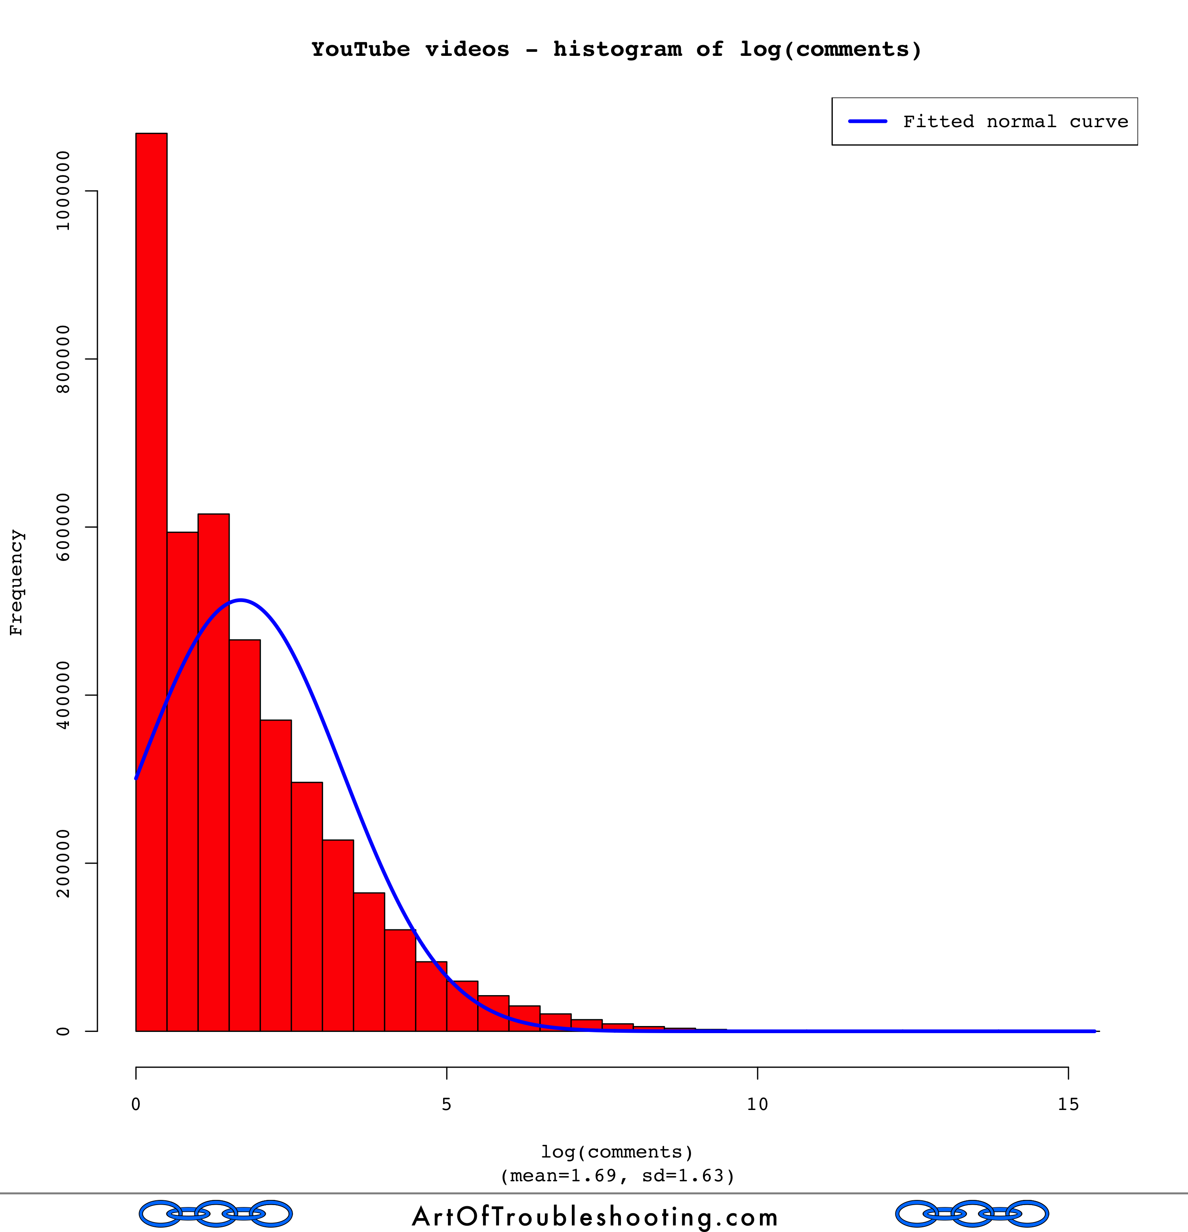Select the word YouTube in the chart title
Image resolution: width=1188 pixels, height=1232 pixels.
point(361,50)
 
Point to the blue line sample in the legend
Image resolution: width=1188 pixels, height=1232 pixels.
point(868,121)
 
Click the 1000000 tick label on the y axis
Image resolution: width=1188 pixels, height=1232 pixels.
point(63,191)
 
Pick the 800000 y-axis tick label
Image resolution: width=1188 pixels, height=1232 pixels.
point(63,359)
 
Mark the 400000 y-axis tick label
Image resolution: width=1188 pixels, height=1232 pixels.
point(63,695)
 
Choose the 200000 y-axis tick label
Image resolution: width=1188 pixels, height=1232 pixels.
point(63,863)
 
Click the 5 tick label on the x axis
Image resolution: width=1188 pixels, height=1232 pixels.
point(447,1104)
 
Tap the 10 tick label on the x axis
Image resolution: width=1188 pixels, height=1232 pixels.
point(757,1104)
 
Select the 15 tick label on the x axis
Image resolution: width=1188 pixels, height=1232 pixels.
point(1068,1104)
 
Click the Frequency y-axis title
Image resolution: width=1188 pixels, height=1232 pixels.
point(16,583)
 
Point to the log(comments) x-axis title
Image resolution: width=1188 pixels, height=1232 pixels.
point(617,1152)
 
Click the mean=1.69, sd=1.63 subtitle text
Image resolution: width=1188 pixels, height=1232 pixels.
point(617,1175)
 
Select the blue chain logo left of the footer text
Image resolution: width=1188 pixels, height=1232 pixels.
point(215,1214)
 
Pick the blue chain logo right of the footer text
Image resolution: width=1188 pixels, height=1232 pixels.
point(972,1214)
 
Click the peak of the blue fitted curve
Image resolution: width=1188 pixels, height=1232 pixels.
point(241,600)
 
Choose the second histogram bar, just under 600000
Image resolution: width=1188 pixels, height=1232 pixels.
point(182,754)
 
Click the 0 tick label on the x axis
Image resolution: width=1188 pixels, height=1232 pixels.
point(136,1104)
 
